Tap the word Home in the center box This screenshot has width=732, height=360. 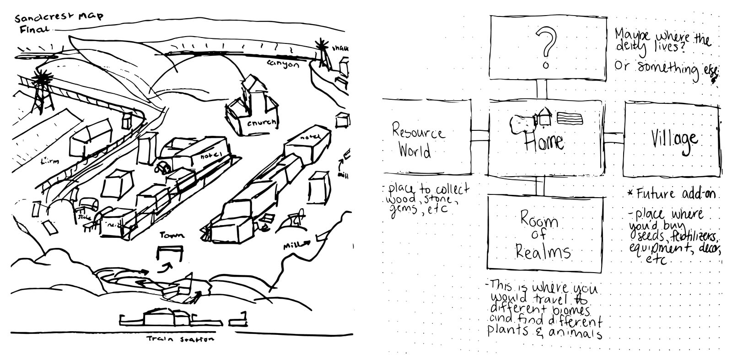click(x=544, y=141)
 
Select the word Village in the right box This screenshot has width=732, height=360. click(x=674, y=139)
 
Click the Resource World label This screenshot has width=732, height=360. click(x=417, y=141)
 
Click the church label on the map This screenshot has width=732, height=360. click(x=262, y=123)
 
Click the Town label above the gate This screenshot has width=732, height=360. click(x=172, y=235)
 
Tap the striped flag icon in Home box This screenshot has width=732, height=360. click(x=570, y=119)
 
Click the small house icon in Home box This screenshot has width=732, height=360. click(x=544, y=116)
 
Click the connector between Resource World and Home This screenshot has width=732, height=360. click(x=480, y=135)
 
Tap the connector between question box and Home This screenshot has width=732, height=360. click(x=542, y=89)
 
